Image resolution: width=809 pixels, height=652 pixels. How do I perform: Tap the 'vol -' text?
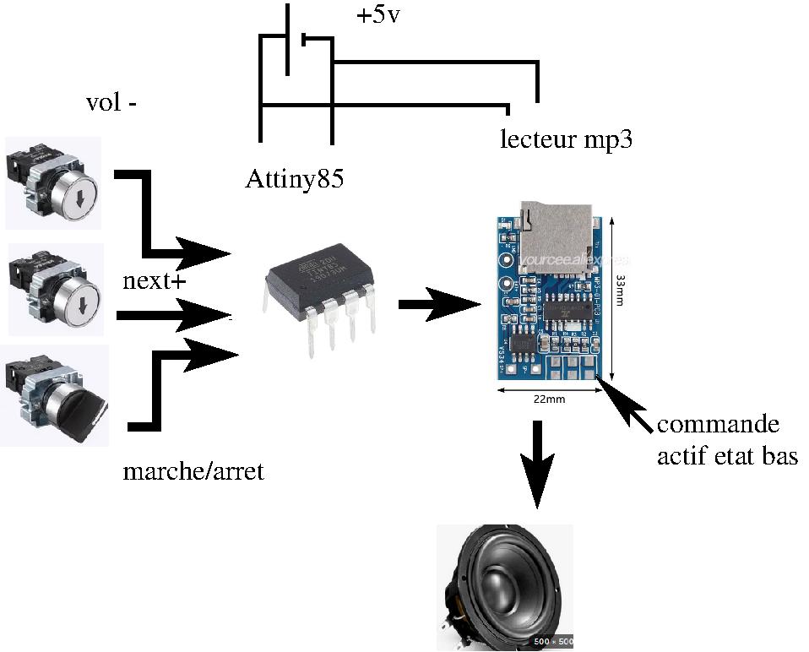point(111,103)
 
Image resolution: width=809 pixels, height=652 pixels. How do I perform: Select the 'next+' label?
point(154,281)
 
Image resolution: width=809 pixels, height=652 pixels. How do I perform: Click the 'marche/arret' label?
point(193,470)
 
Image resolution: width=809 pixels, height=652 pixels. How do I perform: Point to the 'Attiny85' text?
point(295,179)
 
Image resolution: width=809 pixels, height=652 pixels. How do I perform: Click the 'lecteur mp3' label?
point(567,139)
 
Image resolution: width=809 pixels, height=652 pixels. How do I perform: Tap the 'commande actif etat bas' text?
point(727,440)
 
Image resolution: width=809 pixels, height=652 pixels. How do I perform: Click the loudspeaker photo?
point(504,588)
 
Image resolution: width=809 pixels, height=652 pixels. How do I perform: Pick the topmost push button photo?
point(53,182)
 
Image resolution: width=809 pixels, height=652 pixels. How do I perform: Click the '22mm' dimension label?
point(549,399)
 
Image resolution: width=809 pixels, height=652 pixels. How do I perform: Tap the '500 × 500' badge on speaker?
point(552,642)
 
